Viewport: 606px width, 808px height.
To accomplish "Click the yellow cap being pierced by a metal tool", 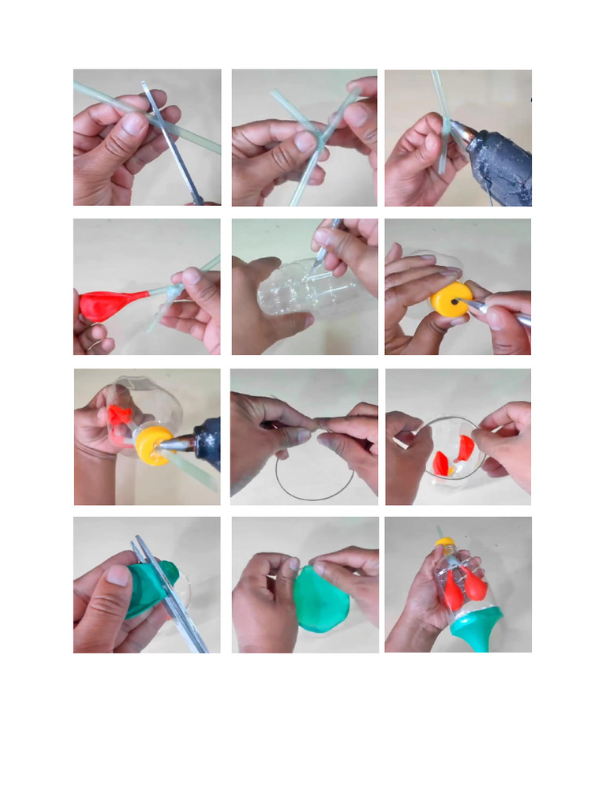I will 451,301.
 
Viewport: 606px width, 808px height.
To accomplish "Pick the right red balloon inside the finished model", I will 475,585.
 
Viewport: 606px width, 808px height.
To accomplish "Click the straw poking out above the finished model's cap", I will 440,531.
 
